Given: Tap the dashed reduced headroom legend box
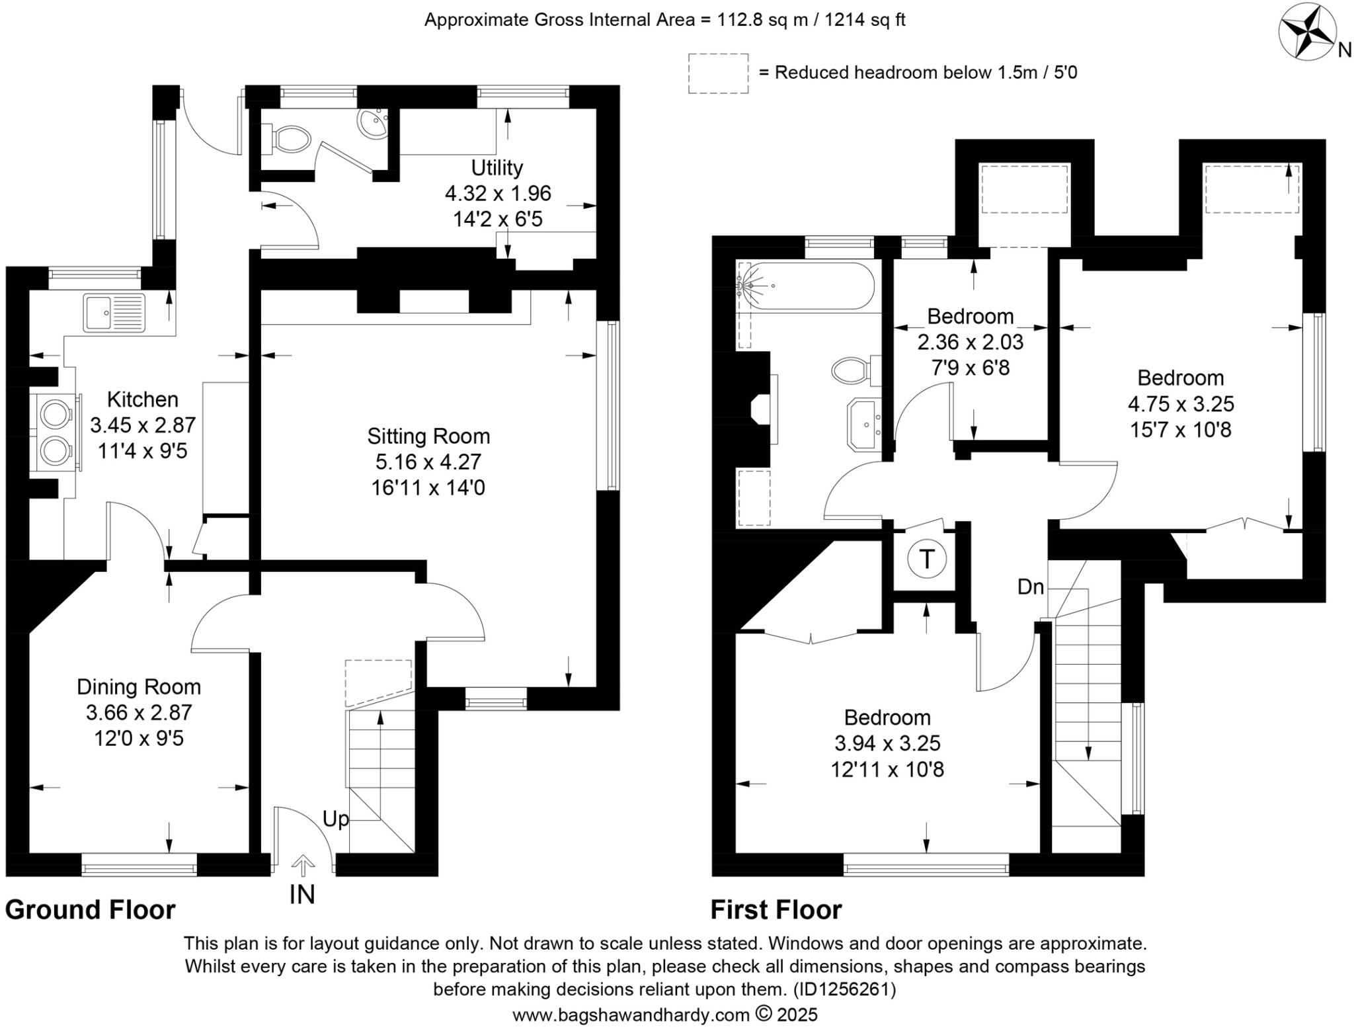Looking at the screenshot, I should [x=718, y=73].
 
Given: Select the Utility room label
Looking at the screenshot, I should [x=497, y=167].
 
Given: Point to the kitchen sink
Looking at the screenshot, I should [x=113, y=313].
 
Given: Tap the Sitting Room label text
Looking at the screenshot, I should [x=428, y=436].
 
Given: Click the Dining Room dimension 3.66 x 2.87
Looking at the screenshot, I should [x=139, y=712].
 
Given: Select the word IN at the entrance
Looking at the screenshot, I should [x=302, y=895].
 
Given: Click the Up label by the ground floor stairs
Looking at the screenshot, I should [x=335, y=819].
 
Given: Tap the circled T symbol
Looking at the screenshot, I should [x=926, y=559].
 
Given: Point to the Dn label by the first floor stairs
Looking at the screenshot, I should [x=1030, y=587].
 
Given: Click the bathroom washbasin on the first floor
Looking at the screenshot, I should [x=864, y=424].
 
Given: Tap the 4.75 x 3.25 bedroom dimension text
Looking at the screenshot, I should [x=1181, y=403].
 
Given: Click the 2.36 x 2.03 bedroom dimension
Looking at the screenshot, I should [x=970, y=342].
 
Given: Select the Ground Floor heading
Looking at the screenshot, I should [x=91, y=910].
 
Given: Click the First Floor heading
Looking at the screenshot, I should [x=776, y=910].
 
